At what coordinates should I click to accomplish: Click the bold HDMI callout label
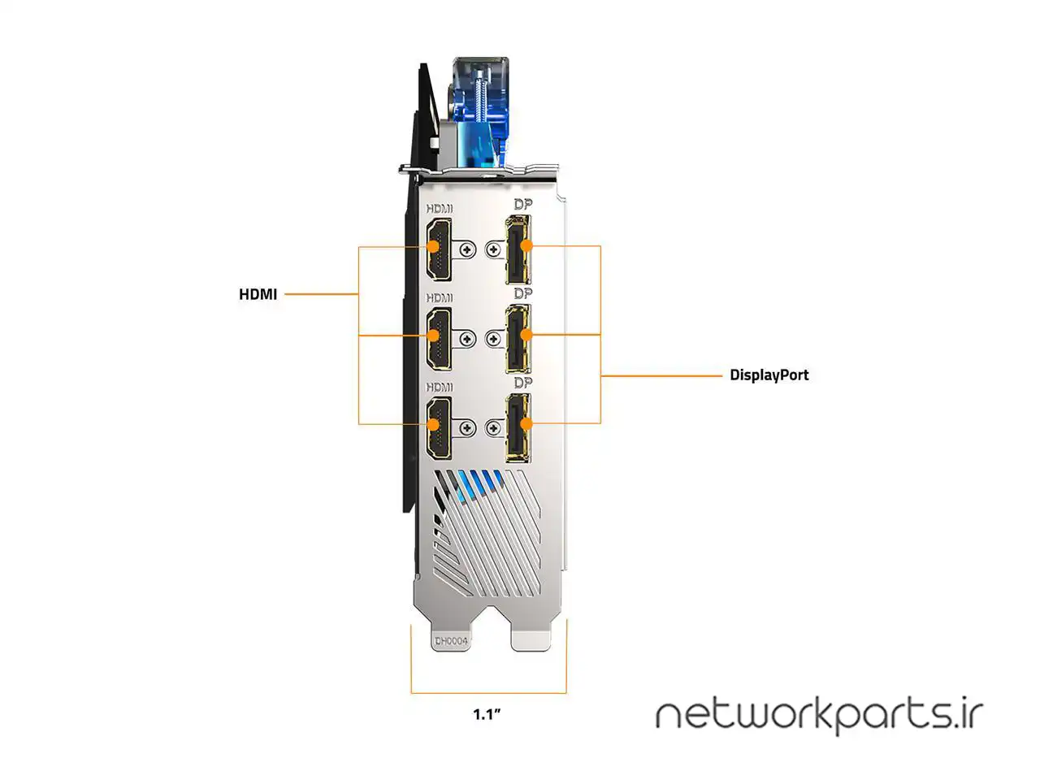(258, 294)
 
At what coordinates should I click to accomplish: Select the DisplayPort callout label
(769, 375)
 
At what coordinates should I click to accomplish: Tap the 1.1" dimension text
(487, 715)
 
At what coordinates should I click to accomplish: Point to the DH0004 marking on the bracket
(451, 641)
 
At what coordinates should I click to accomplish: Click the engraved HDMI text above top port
(440, 209)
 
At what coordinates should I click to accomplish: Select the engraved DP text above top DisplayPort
(522, 206)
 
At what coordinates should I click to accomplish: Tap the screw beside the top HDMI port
(466, 249)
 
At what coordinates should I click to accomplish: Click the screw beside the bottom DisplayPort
(493, 427)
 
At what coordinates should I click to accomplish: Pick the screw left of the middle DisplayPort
(493, 338)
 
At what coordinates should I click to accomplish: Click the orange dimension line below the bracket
(488, 693)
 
